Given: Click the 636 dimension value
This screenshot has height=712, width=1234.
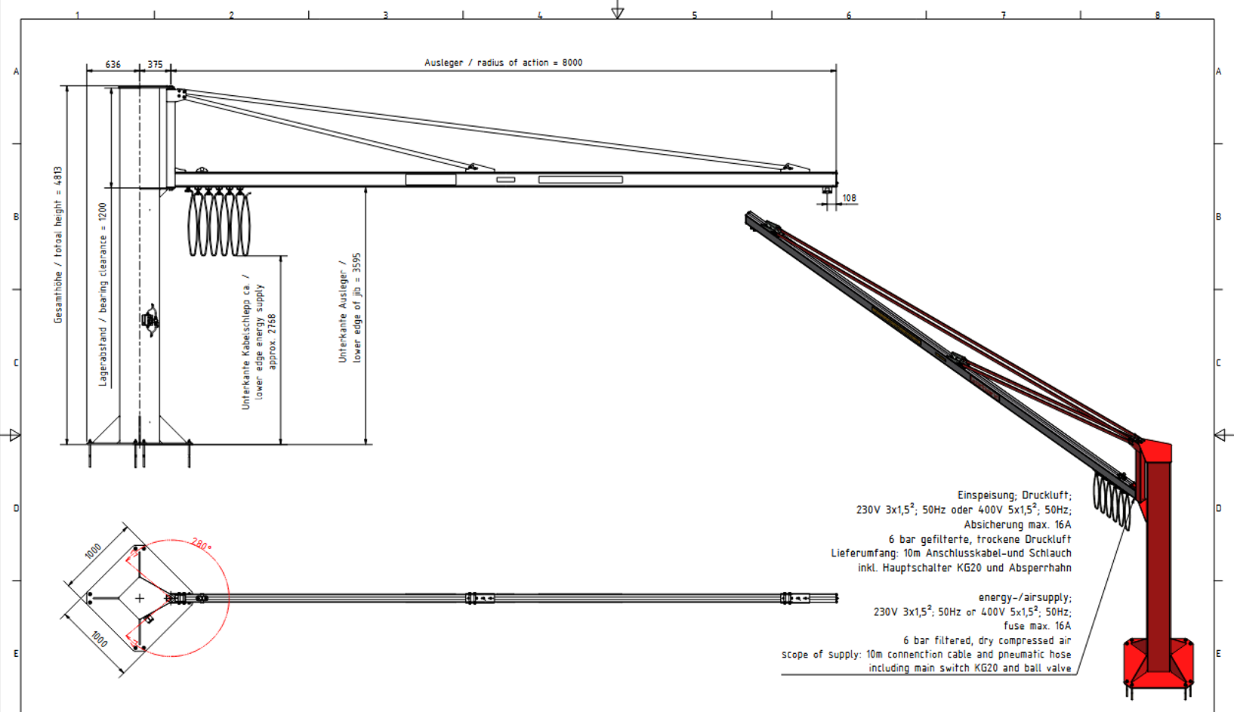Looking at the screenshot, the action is (x=113, y=64).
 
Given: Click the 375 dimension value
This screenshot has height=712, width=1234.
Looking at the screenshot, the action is (x=156, y=64).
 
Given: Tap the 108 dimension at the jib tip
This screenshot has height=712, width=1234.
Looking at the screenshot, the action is (x=849, y=198).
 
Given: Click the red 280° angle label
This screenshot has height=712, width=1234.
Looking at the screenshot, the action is (x=201, y=544).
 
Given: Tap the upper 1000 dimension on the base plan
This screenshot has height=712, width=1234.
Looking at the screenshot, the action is (x=93, y=550).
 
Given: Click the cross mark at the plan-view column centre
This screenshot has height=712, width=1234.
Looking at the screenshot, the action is (x=140, y=598).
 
